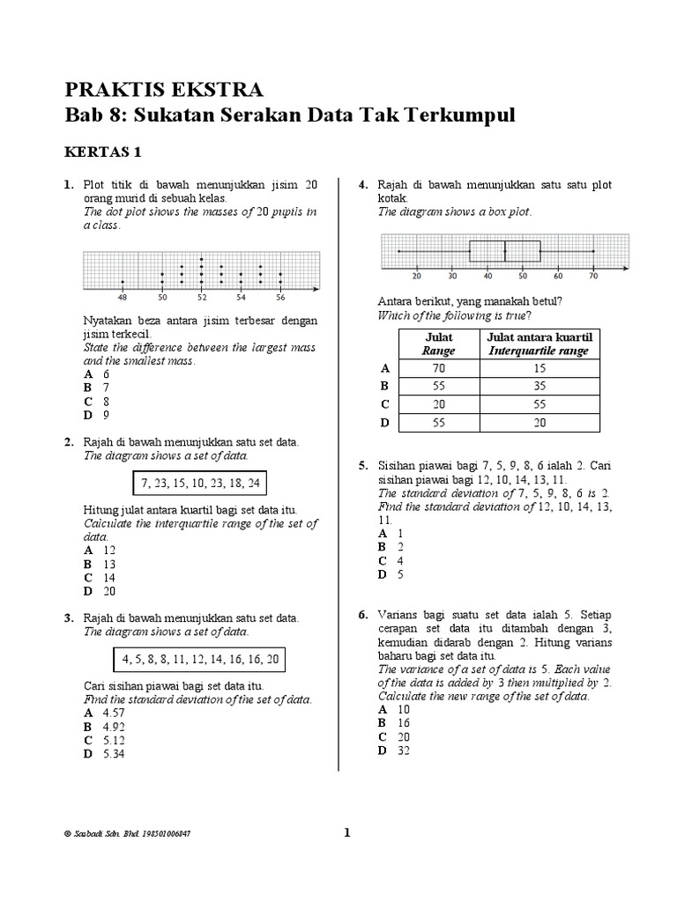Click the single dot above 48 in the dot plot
(x=123, y=283)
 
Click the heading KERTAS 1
(x=104, y=152)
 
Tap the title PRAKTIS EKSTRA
(x=163, y=90)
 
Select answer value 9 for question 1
(x=106, y=415)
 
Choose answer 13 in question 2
(x=108, y=564)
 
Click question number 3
(x=68, y=618)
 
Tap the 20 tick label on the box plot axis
(x=416, y=276)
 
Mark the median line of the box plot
(x=505, y=252)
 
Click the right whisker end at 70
(x=593, y=252)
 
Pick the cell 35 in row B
(x=539, y=386)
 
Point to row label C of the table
(x=383, y=404)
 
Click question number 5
(x=362, y=463)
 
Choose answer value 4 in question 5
(x=399, y=561)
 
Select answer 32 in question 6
(x=403, y=750)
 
